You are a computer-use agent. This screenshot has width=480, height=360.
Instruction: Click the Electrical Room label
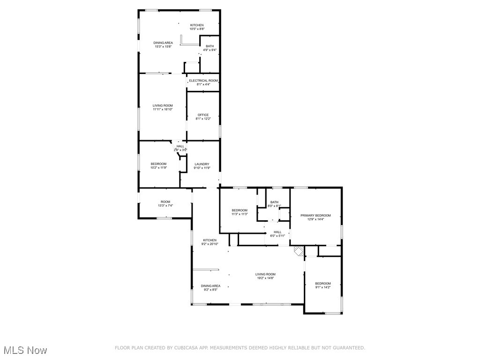click(203, 81)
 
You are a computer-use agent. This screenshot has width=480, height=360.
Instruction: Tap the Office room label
click(203, 115)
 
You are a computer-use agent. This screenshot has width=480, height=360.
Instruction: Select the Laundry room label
click(202, 164)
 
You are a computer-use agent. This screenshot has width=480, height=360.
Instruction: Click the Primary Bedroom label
click(315, 216)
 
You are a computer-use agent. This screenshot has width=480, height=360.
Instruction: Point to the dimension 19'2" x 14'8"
click(265, 278)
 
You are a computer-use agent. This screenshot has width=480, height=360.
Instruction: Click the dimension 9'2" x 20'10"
click(210, 244)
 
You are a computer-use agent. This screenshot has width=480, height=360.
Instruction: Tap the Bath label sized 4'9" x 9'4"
click(210, 46)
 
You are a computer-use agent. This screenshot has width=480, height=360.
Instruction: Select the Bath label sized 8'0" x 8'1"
click(274, 202)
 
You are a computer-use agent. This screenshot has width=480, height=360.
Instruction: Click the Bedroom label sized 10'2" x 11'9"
click(158, 164)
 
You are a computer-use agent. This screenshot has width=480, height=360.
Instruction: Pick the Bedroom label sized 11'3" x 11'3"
click(240, 210)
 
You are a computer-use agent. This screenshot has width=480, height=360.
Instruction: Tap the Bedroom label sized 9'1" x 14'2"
click(323, 284)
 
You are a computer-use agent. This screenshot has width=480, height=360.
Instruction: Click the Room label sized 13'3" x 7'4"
click(165, 202)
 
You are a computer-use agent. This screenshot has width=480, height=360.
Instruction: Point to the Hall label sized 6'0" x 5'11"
click(277, 232)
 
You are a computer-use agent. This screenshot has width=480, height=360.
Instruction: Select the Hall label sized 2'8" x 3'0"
click(180, 146)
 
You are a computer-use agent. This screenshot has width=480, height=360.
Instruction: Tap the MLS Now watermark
click(26, 350)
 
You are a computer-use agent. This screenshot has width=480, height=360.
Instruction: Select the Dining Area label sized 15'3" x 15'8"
click(163, 43)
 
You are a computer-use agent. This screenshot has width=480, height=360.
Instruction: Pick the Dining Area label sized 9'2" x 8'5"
click(210, 286)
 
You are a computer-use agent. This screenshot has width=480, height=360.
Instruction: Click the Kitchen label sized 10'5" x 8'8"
click(197, 25)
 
